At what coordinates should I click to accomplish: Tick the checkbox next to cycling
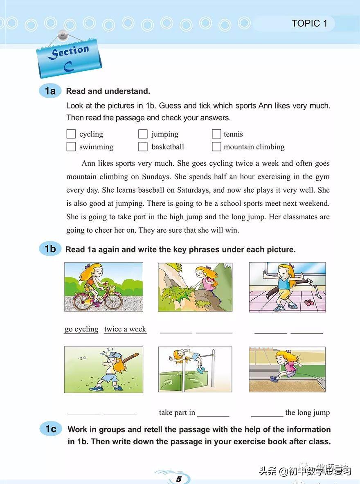71,134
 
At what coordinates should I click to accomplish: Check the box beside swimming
71,147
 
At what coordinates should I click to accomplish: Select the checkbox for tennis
216,134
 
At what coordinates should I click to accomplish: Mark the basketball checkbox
143,147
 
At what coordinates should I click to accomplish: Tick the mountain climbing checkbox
216,147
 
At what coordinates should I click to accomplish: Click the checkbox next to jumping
143,134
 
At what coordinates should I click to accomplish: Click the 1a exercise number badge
50,91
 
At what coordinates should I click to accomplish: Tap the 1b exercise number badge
50,249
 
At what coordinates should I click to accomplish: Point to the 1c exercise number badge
51,429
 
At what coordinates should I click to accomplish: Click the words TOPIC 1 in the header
309,23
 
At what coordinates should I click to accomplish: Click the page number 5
178,479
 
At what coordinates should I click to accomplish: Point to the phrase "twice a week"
125,329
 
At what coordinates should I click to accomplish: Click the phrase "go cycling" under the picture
81,329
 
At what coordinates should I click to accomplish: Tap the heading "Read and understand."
108,91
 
